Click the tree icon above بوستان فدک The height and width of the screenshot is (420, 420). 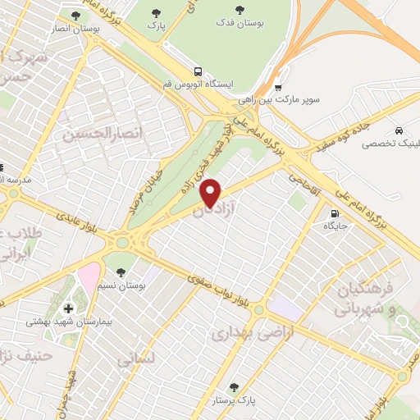pyautogui.click(x=240, y=11)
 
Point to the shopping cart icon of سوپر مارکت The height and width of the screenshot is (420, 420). pyautogui.click(x=279, y=88)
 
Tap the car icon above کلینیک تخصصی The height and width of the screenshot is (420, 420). pyautogui.click(x=398, y=130)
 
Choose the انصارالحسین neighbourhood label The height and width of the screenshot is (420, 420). pyautogui.click(x=92, y=131)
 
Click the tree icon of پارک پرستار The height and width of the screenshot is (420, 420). pyautogui.click(x=235, y=387)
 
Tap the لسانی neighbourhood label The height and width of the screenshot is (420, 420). pyautogui.click(x=135, y=358)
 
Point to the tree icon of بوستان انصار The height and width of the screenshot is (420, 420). pyautogui.click(x=75, y=15)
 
